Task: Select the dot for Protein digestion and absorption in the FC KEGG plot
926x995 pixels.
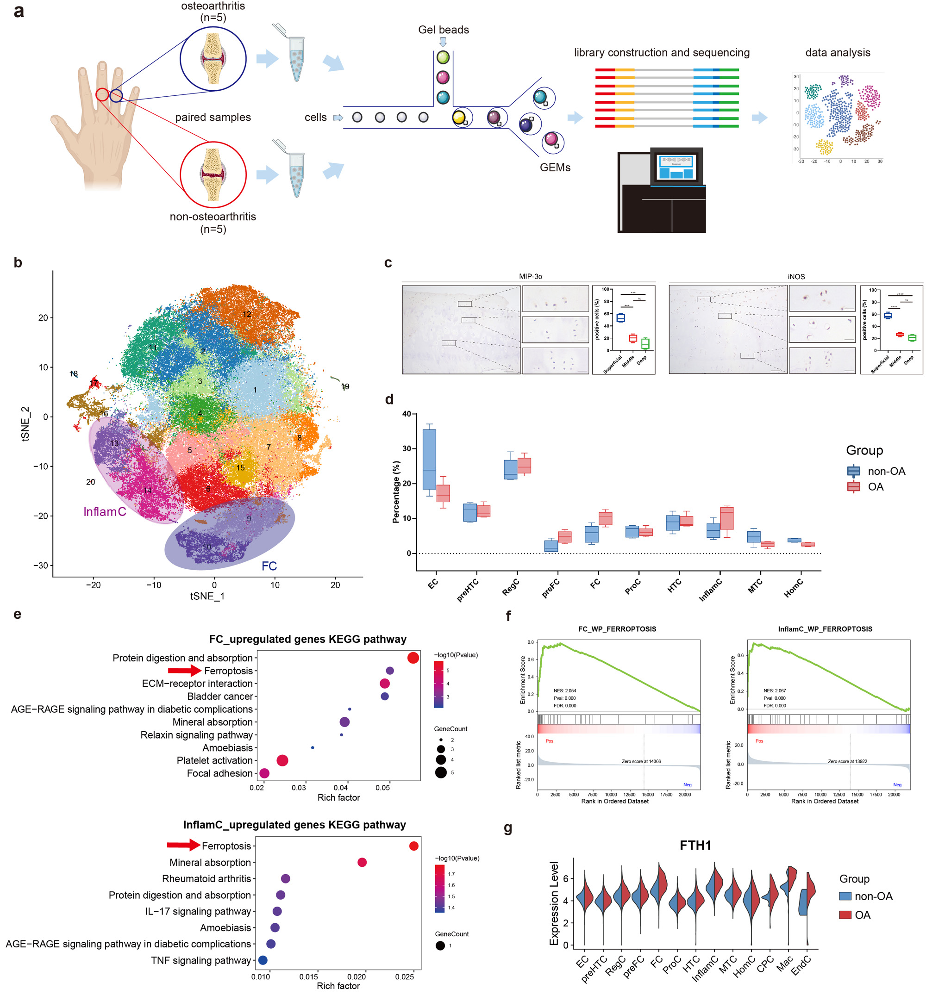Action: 413,658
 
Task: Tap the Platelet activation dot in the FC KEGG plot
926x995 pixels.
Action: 282,760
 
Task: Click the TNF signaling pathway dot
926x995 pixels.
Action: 263,960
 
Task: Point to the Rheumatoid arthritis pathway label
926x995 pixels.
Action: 206,878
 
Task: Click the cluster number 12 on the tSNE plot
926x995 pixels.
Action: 247,314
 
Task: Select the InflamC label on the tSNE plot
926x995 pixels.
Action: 105,511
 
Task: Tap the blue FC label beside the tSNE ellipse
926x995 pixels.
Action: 269,566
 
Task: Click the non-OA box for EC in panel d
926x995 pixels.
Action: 429,459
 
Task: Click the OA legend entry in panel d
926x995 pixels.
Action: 875,486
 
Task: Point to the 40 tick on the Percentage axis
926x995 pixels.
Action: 406,414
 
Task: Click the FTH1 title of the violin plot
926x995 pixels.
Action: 695,846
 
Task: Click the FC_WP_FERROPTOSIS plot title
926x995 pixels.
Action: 617,629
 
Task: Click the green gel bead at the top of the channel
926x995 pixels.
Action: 443,57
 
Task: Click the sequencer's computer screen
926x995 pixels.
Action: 676,167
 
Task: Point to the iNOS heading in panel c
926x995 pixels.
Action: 796,277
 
